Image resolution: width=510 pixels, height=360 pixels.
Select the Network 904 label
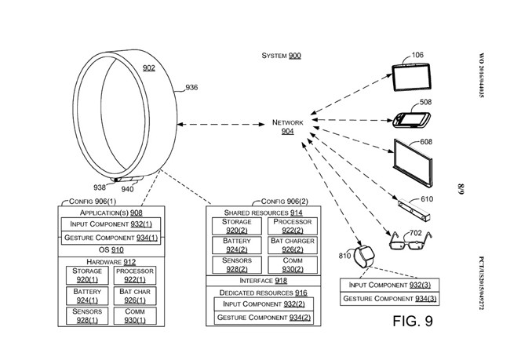point(287,127)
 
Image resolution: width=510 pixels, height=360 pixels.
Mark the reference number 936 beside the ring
point(191,88)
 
